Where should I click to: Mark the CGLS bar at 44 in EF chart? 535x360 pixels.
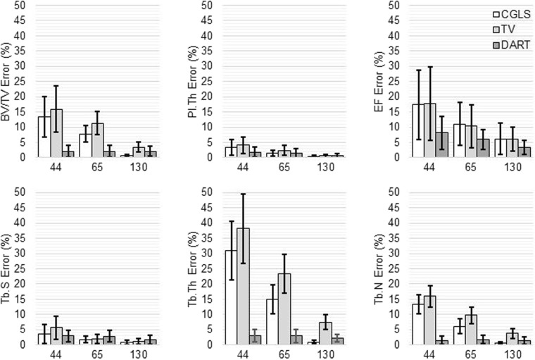point(417,130)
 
